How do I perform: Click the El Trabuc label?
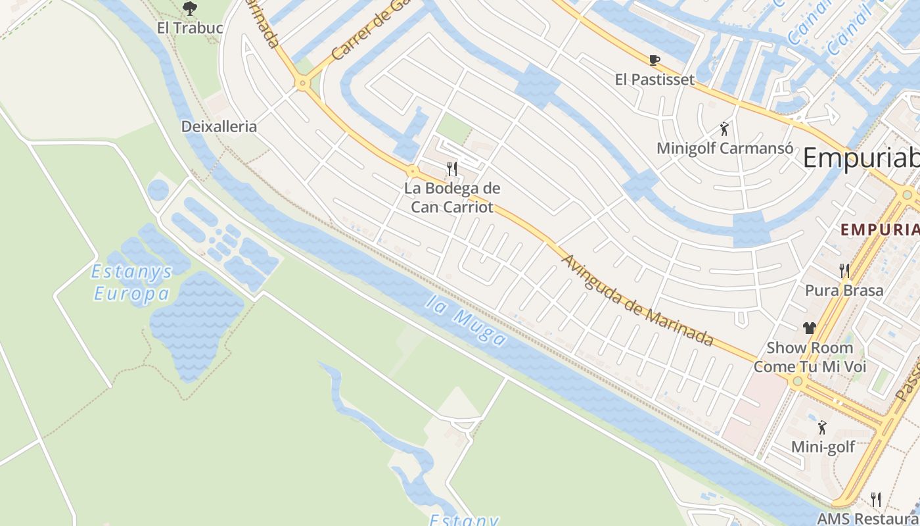(x=190, y=28)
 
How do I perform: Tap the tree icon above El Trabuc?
(x=190, y=9)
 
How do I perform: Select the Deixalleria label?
(x=219, y=126)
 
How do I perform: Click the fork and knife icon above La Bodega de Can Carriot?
(x=451, y=169)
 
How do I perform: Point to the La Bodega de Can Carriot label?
(x=451, y=197)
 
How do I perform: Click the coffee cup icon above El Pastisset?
(x=654, y=60)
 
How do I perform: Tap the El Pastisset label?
(x=655, y=80)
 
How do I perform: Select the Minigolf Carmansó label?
(x=725, y=148)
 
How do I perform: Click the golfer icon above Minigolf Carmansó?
(x=724, y=129)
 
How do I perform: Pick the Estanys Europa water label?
(x=131, y=282)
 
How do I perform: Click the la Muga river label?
(x=467, y=321)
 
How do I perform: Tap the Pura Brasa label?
(x=844, y=290)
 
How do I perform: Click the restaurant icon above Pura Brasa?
(x=844, y=270)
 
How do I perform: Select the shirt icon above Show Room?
(x=809, y=327)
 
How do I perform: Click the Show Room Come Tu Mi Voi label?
(x=810, y=357)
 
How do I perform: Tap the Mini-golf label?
(x=823, y=447)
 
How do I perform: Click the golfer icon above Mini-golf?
(x=822, y=428)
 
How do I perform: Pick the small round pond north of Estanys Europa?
(x=158, y=191)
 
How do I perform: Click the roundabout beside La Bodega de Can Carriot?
(x=413, y=172)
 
